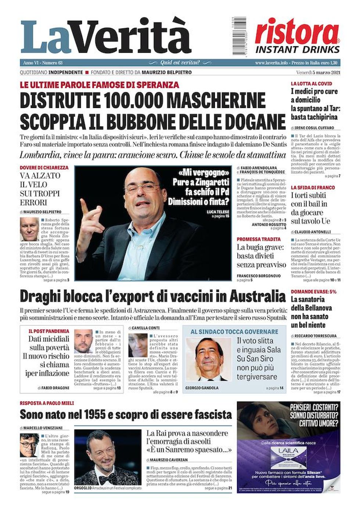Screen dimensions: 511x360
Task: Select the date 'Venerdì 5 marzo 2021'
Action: pos(318,72)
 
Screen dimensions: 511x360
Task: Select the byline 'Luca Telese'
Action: pos(218,212)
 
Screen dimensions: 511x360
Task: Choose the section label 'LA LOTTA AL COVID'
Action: pos(311,84)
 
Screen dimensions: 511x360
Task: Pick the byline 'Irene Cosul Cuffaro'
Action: pos(314,128)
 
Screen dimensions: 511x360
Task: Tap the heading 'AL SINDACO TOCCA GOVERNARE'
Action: pos(234,332)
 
